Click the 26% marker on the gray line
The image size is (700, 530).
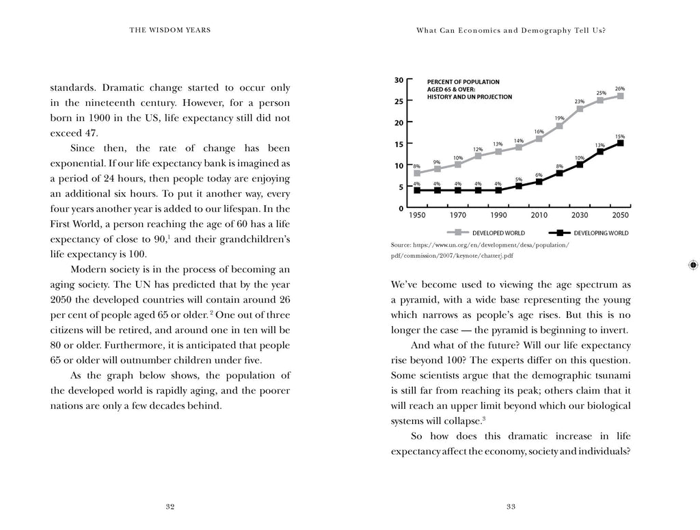click(x=620, y=96)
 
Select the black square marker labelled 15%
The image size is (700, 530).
click(x=620, y=143)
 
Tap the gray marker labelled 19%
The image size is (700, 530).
click(x=559, y=126)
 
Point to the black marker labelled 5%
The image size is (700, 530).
click(x=519, y=186)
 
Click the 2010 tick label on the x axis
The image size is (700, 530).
click(x=539, y=215)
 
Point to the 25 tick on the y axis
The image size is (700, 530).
click(x=399, y=101)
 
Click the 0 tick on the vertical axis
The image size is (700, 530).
click(x=401, y=208)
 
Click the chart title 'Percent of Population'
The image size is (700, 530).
click(x=463, y=82)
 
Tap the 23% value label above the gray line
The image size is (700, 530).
click(x=579, y=101)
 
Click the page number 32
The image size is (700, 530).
click(x=171, y=507)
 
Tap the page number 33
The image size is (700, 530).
click(x=510, y=507)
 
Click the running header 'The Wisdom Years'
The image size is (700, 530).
click(x=170, y=29)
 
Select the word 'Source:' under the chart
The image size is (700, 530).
click(x=401, y=244)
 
